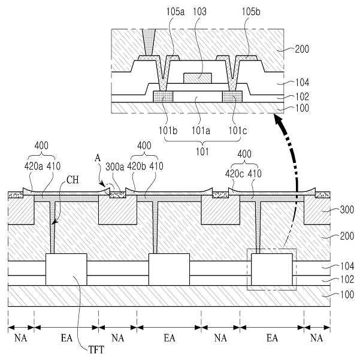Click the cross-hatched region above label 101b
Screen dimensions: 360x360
click(x=162, y=96)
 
